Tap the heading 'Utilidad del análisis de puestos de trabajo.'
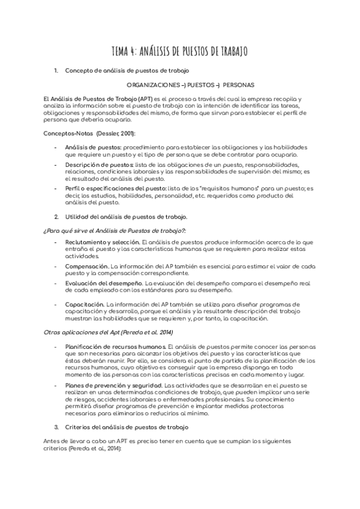click(x=126, y=216)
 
